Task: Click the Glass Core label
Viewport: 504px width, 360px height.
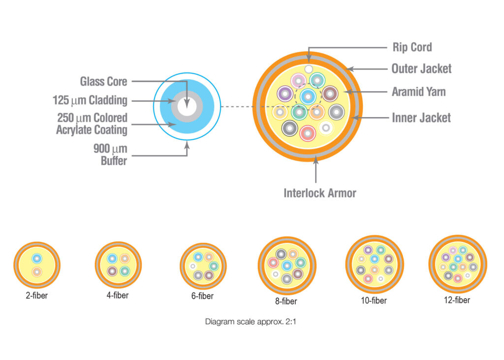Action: point(103,81)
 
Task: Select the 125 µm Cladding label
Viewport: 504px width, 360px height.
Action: point(90,100)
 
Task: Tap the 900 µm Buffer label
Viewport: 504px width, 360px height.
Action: point(110,155)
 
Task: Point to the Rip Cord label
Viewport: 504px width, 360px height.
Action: point(412,47)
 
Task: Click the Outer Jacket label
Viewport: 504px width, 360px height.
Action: point(421,68)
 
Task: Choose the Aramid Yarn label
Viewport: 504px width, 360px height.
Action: point(418,92)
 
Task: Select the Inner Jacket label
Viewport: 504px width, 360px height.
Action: point(421,118)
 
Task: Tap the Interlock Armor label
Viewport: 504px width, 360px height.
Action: point(320,193)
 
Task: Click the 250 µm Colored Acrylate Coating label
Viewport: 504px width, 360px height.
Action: point(92,124)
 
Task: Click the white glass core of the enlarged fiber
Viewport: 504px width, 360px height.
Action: point(187,106)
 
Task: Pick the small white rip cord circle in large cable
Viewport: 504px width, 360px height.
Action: point(309,69)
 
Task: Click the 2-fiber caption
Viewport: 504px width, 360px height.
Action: point(36,295)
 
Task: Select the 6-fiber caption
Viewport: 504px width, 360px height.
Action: point(202,296)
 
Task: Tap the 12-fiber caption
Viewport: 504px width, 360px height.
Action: point(457,300)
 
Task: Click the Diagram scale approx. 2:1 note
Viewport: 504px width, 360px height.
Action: point(251,322)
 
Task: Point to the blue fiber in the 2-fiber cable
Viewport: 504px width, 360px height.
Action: point(37,259)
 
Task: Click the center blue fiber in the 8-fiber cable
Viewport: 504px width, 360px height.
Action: point(287,266)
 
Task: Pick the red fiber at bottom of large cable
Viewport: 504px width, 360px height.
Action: point(308,133)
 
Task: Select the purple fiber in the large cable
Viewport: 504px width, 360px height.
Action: point(285,94)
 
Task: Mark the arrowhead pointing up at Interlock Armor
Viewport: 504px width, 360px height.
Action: point(316,159)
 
